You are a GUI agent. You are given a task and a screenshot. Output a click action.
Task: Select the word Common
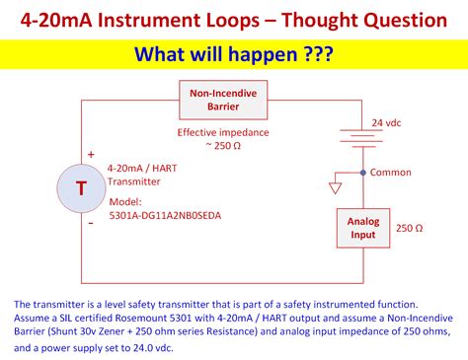point(392,172)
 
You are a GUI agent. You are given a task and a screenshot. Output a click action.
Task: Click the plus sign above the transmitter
point(91,154)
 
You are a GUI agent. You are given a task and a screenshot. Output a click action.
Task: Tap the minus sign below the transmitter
point(91,223)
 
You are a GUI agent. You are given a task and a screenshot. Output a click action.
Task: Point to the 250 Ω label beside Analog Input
point(409,228)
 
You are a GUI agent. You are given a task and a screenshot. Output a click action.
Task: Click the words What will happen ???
point(233,53)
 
